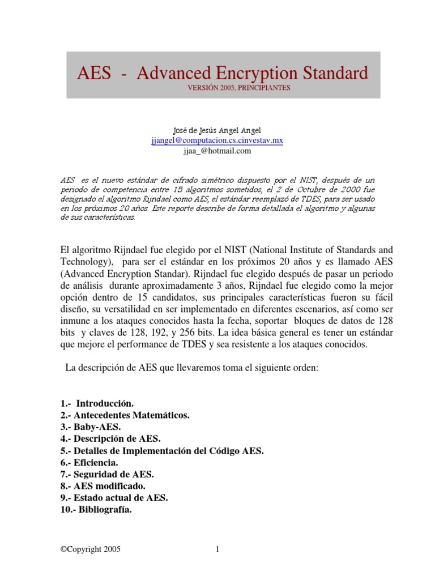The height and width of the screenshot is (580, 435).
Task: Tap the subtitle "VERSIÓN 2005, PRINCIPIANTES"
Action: pyautogui.click(x=218, y=88)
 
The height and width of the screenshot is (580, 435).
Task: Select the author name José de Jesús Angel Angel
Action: pyautogui.click(x=217, y=131)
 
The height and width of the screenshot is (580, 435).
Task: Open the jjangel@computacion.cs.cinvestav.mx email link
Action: pyautogui.click(x=217, y=141)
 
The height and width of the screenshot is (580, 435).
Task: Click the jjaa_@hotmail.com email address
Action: pyautogui.click(x=217, y=151)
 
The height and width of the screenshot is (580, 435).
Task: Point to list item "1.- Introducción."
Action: pyautogui.click(x=97, y=404)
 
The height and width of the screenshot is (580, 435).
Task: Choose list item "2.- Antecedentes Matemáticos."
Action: pyautogui.click(x=124, y=415)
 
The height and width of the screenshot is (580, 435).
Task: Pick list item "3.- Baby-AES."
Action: pyautogui.click(x=89, y=427)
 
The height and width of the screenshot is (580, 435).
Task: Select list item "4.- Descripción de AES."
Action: pyautogui.click(x=110, y=439)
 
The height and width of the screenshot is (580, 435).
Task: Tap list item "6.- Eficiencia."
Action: pyautogui.click(x=89, y=463)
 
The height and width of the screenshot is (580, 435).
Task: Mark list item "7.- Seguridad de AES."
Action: pyautogui.click(x=106, y=474)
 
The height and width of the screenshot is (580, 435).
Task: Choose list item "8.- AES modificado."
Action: pyautogui.click(x=103, y=486)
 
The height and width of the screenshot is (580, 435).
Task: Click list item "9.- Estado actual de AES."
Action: pyautogui.click(x=114, y=498)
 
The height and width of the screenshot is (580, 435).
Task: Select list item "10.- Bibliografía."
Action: pyautogui.click(x=96, y=510)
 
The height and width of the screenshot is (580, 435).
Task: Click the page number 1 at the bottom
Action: pyautogui.click(x=217, y=549)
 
